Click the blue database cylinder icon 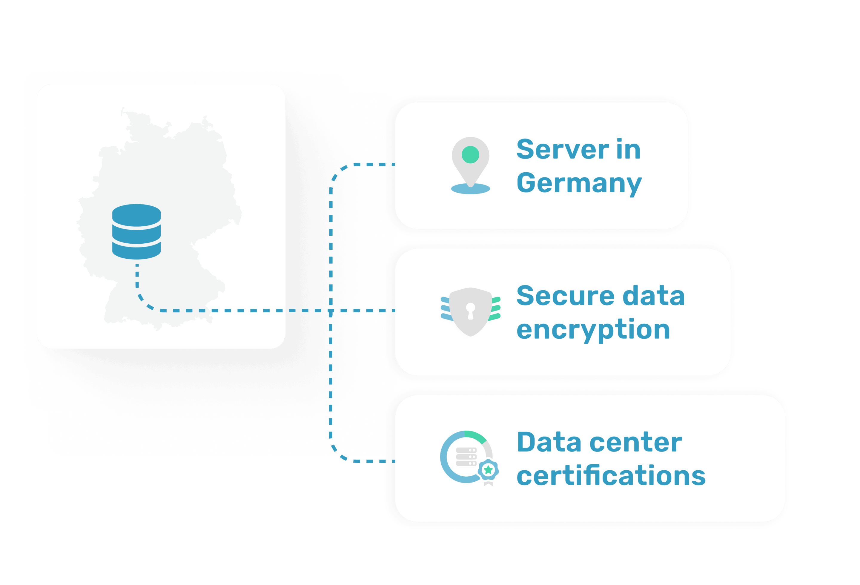click(x=136, y=232)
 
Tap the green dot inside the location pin click(x=470, y=154)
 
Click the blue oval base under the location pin click(x=470, y=189)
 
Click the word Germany click(x=578, y=183)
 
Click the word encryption click(x=593, y=330)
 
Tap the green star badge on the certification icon click(x=488, y=470)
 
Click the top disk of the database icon click(x=136, y=214)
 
